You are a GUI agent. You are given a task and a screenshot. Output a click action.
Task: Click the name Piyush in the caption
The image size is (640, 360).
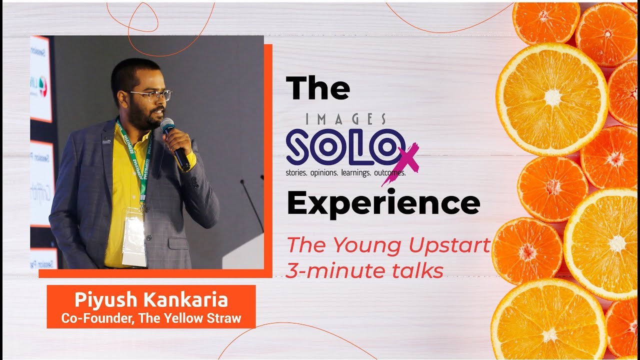pyautogui.click(x=106, y=300)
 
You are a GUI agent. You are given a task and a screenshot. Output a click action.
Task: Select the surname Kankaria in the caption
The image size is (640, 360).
pyautogui.click(x=185, y=299)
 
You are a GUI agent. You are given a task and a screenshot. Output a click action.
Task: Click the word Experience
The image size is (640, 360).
pyautogui.click(x=383, y=203)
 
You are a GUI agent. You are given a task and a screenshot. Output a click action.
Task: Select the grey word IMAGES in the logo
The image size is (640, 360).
pyautogui.click(x=346, y=119)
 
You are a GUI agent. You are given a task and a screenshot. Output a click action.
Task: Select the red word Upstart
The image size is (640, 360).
pyautogui.click(x=449, y=245)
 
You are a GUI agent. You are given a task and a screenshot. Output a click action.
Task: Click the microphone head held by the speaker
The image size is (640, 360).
pyautogui.click(x=167, y=125)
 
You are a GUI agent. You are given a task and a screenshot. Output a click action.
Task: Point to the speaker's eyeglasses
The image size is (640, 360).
pyautogui.click(x=150, y=95)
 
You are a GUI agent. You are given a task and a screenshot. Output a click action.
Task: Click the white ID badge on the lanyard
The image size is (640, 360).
pyautogui.click(x=134, y=237)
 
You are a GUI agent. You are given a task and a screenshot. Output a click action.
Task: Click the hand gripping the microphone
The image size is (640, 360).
pyautogui.click(x=177, y=142)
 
